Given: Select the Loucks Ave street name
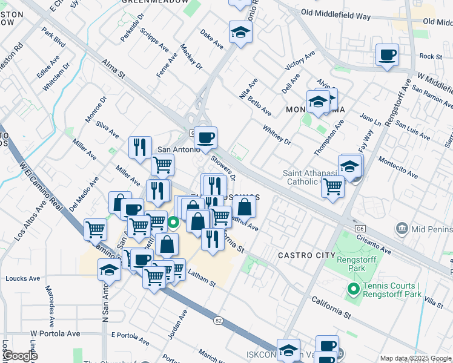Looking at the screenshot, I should (22, 279).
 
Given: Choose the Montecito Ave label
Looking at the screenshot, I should (398, 168).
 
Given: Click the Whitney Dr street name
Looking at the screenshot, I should (277, 135).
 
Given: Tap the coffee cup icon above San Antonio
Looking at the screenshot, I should (205, 139).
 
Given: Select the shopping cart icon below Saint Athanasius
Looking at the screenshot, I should (332, 187).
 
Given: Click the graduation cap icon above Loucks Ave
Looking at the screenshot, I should (109, 270).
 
